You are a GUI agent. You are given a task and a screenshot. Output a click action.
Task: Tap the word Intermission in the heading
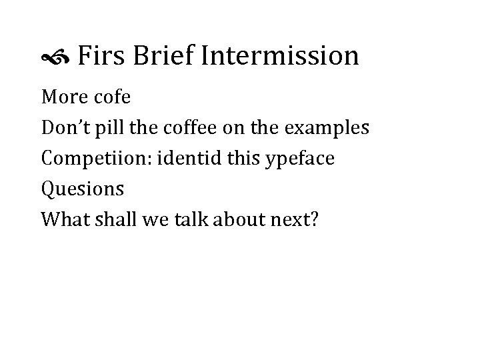pos(279,55)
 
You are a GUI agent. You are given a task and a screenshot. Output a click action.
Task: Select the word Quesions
pos(83,189)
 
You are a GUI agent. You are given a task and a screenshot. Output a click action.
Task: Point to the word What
pos(61,219)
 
